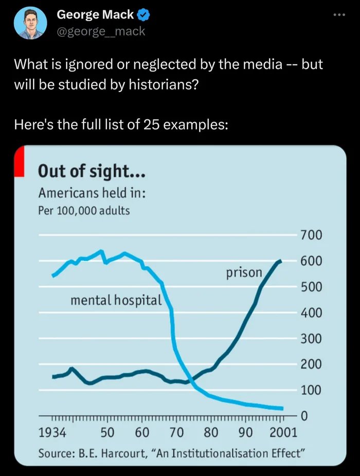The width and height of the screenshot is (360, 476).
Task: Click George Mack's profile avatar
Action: click(30, 23)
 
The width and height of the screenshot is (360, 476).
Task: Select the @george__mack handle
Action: click(101, 31)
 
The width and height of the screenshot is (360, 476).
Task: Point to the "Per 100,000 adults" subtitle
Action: click(84, 211)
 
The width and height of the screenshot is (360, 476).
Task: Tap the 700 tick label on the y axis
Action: click(311, 235)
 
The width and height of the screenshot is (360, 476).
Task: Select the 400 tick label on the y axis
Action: click(311, 313)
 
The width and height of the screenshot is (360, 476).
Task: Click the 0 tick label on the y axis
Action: click(303, 415)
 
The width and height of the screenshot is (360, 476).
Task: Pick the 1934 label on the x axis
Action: click(52, 432)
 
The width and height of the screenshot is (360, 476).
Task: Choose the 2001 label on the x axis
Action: click(283, 432)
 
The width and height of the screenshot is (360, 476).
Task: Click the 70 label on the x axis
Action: click(176, 432)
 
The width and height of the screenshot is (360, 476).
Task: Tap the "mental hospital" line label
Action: click(116, 300)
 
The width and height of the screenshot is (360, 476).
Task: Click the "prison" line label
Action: click(244, 272)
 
